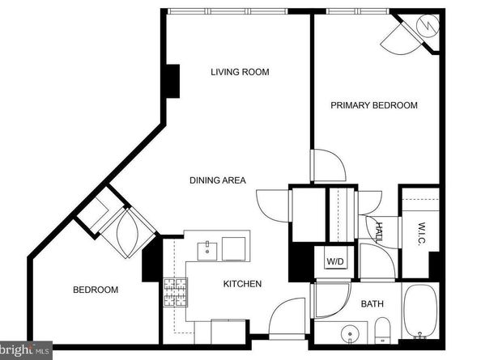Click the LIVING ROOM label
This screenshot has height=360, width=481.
240,72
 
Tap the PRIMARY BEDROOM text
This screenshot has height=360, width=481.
374,105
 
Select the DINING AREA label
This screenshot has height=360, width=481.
218,180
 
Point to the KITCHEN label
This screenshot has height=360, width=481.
242,284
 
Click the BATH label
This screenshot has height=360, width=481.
372,304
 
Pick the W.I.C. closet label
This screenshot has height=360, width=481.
422,234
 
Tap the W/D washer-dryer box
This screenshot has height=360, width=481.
335,261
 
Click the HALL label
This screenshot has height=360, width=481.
380,232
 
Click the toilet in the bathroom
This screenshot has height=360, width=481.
382,331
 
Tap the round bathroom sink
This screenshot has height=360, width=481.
350,333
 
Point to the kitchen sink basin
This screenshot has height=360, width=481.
207,252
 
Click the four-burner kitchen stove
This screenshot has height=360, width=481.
176,293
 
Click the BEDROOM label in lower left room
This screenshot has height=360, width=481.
96,290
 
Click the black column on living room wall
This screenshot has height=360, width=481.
172,81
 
